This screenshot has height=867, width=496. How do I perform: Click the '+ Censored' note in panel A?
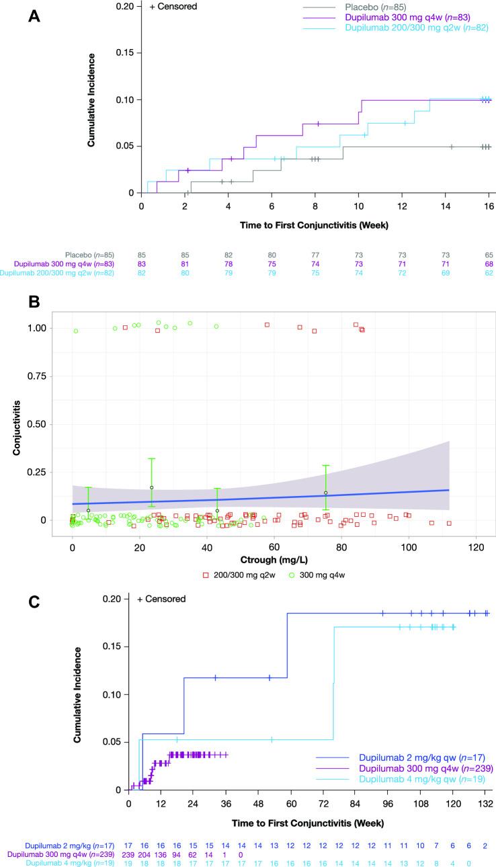point(174,7)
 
